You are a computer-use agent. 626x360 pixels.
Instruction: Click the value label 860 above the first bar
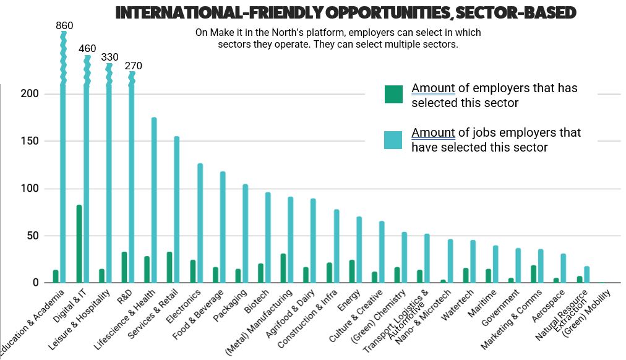(64, 26)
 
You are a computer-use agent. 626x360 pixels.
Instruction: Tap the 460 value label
(87, 48)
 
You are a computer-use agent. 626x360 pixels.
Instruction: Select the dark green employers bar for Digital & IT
(79, 244)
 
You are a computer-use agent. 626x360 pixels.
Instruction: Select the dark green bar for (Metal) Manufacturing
(283, 268)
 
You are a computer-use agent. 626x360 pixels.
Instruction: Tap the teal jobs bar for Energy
(359, 249)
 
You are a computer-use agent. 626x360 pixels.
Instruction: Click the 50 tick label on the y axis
(34, 236)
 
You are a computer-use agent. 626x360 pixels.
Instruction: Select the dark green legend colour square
(393, 95)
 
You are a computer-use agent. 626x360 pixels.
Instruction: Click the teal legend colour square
(393, 140)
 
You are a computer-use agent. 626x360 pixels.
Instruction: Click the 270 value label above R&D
(133, 66)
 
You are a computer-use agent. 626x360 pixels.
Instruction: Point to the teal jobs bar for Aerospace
(563, 268)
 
